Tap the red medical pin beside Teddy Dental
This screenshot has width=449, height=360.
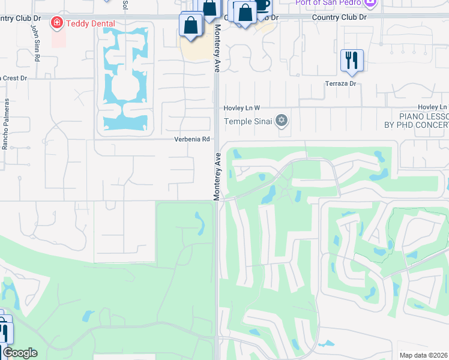coord(57,23)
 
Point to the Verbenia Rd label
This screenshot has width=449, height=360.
coord(192,139)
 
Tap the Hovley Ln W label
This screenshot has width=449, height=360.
coord(241,107)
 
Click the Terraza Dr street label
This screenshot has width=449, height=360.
coord(340,83)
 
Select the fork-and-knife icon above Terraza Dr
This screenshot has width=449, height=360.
coord(351,60)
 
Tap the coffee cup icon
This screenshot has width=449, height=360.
coord(262,5)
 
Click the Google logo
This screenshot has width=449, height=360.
coord(19,353)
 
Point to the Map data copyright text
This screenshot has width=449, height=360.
coord(424,355)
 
